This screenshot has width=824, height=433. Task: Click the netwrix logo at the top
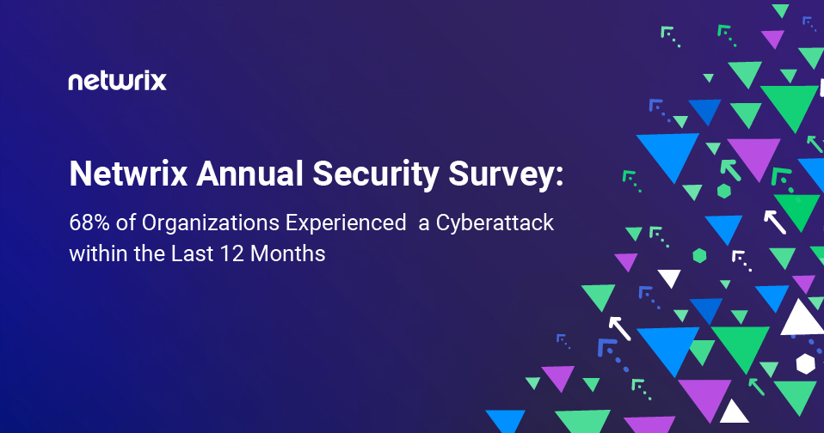click(x=117, y=82)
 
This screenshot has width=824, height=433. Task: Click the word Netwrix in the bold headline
click(x=127, y=175)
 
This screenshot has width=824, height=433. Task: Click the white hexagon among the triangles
click(x=805, y=363)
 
